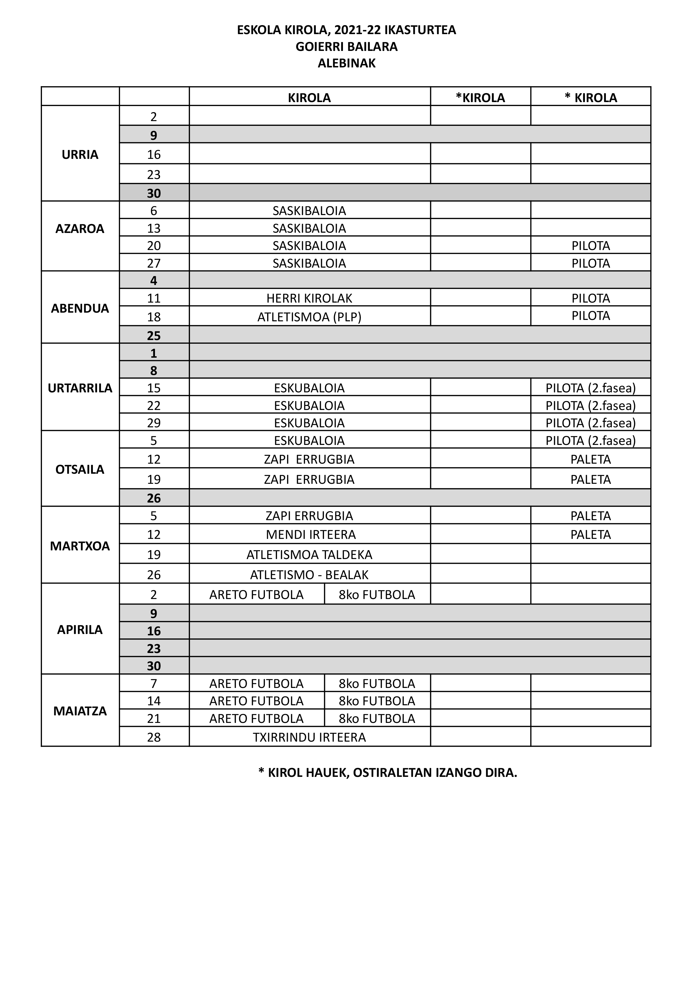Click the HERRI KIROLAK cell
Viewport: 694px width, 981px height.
coord(309,298)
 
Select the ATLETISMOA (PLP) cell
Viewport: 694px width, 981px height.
coord(309,317)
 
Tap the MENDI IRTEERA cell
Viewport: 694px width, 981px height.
coord(311,534)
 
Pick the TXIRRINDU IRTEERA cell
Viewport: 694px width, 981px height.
coord(309,737)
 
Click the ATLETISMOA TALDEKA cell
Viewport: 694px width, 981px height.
coord(309,554)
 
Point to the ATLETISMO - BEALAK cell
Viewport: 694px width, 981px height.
coord(309,574)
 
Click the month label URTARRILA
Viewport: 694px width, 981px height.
coord(80,388)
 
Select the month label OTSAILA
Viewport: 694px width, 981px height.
coord(80,469)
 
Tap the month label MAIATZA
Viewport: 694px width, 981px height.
coord(80,711)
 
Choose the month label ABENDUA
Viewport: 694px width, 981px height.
coord(80,308)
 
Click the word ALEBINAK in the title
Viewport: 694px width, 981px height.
coord(347,63)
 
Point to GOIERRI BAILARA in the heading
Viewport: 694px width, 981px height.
coord(347,47)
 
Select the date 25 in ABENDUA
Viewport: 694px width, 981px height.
coord(154,335)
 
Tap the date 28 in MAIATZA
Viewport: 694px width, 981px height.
coord(154,737)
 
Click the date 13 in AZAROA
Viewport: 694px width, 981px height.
coord(154,228)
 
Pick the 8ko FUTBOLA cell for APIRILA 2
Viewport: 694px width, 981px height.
coord(377,594)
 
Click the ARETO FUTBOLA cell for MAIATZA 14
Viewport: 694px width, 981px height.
coord(257,701)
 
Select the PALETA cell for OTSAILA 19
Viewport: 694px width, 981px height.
coord(591,479)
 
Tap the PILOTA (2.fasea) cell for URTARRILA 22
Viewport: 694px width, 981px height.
coord(591,405)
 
